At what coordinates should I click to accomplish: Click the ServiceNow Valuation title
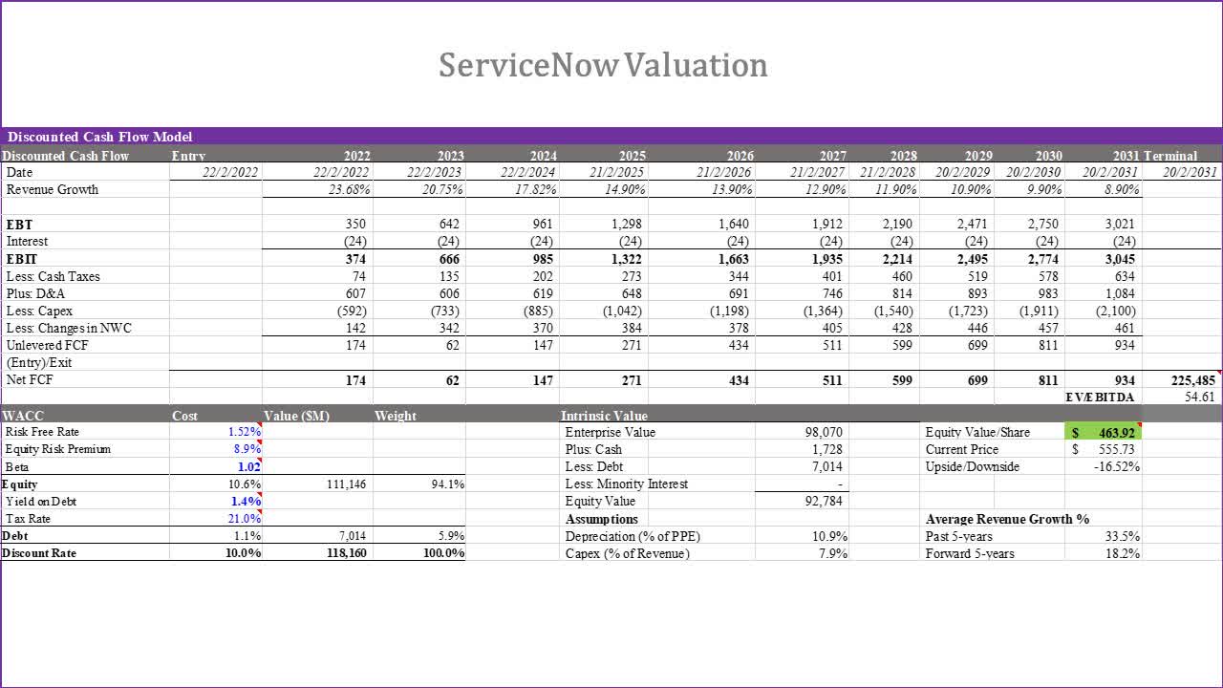(603, 65)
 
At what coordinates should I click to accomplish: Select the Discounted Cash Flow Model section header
(100, 137)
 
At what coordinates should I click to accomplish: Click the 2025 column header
(632, 155)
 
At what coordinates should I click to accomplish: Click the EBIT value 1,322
(626, 259)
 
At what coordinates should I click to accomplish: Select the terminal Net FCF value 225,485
(1194, 380)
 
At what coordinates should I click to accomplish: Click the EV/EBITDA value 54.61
(1199, 397)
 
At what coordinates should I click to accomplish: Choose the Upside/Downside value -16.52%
(1116, 466)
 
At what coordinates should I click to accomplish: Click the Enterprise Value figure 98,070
(825, 432)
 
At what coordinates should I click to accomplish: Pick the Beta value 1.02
(248, 467)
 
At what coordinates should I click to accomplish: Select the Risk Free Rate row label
(42, 432)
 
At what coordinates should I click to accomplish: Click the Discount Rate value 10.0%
(244, 553)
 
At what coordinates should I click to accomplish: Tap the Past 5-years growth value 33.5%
(1122, 536)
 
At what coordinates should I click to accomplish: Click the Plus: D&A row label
(35, 293)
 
